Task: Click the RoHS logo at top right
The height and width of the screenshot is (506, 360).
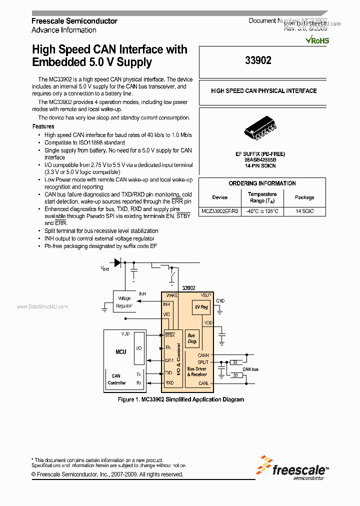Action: [x=317, y=40]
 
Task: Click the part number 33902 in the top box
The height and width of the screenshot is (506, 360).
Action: [x=258, y=60]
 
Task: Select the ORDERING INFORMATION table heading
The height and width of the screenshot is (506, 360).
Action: [x=262, y=183]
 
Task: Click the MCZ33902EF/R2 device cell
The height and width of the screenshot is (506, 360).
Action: [x=220, y=211]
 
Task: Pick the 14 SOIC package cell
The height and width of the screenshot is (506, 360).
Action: [x=304, y=211]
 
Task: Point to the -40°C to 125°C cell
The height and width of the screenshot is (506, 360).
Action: [x=262, y=211]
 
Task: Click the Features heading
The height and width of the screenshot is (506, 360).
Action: [x=43, y=126]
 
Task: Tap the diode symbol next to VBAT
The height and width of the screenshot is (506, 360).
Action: [x=118, y=262]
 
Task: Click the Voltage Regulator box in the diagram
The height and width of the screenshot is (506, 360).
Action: [x=124, y=302]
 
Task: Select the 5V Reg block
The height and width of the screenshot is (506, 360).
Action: [x=201, y=307]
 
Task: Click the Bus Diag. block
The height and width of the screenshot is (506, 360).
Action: [x=191, y=339]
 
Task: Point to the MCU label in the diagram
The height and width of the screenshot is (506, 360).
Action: [x=121, y=352]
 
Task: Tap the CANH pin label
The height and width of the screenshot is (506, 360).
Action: [x=203, y=355]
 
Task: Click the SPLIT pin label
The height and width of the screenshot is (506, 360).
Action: [x=203, y=362]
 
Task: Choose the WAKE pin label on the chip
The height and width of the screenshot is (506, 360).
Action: [x=171, y=295]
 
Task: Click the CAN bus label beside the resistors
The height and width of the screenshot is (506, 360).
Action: [x=250, y=369]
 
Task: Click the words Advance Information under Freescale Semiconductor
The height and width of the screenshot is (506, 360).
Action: [x=64, y=30]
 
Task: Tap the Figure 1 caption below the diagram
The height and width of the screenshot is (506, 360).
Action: [x=180, y=399]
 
